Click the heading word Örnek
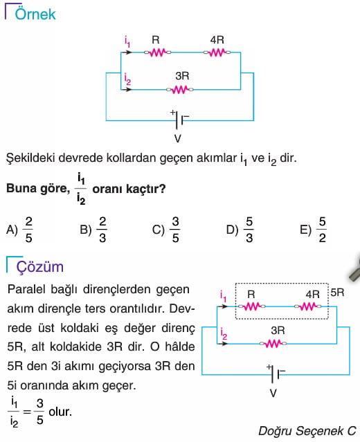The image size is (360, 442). [x=35, y=14]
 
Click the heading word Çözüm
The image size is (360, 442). [x=39, y=266]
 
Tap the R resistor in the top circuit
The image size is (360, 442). [x=157, y=53]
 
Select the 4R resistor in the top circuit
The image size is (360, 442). [x=217, y=53]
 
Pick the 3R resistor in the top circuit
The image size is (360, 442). [x=180, y=90]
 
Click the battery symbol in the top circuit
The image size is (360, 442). [x=179, y=120]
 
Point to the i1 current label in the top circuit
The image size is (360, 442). [x=127, y=41]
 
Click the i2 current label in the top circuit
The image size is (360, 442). [x=127, y=79]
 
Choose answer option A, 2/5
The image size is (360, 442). [x=20, y=230]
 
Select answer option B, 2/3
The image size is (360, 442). [x=93, y=230]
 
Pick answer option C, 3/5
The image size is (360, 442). [x=166, y=230]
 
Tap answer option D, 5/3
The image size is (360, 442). [x=240, y=230]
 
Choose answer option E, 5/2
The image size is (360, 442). [x=313, y=230]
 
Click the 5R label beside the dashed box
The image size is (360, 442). [x=337, y=293]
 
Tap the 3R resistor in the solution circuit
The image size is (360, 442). [x=273, y=344]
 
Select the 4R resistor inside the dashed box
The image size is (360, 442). [x=308, y=306]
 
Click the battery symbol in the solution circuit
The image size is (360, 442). [x=276, y=374]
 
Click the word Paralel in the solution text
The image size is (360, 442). [x=26, y=289]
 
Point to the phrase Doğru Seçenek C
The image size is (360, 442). [x=307, y=431]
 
